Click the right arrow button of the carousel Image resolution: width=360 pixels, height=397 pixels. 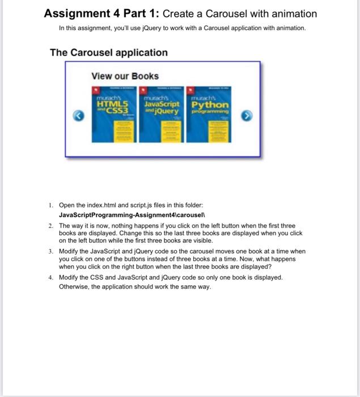(247, 116)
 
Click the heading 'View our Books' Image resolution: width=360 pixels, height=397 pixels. (125, 76)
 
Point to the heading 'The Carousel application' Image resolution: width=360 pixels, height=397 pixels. (109, 53)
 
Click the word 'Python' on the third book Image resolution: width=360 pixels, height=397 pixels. (210, 105)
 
